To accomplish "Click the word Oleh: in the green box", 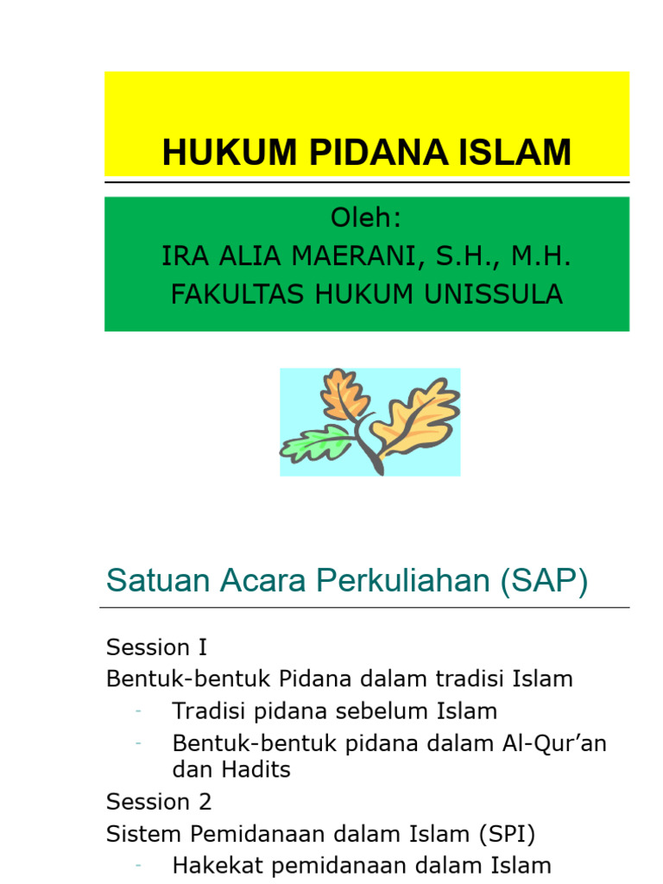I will tap(367, 218).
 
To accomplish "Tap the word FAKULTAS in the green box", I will tap(224, 294).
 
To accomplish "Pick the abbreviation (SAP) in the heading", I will tap(543, 581).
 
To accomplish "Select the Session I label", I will tap(156, 647).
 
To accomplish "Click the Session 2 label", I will tap(158, 802).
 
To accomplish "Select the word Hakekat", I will tap(210, 864).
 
